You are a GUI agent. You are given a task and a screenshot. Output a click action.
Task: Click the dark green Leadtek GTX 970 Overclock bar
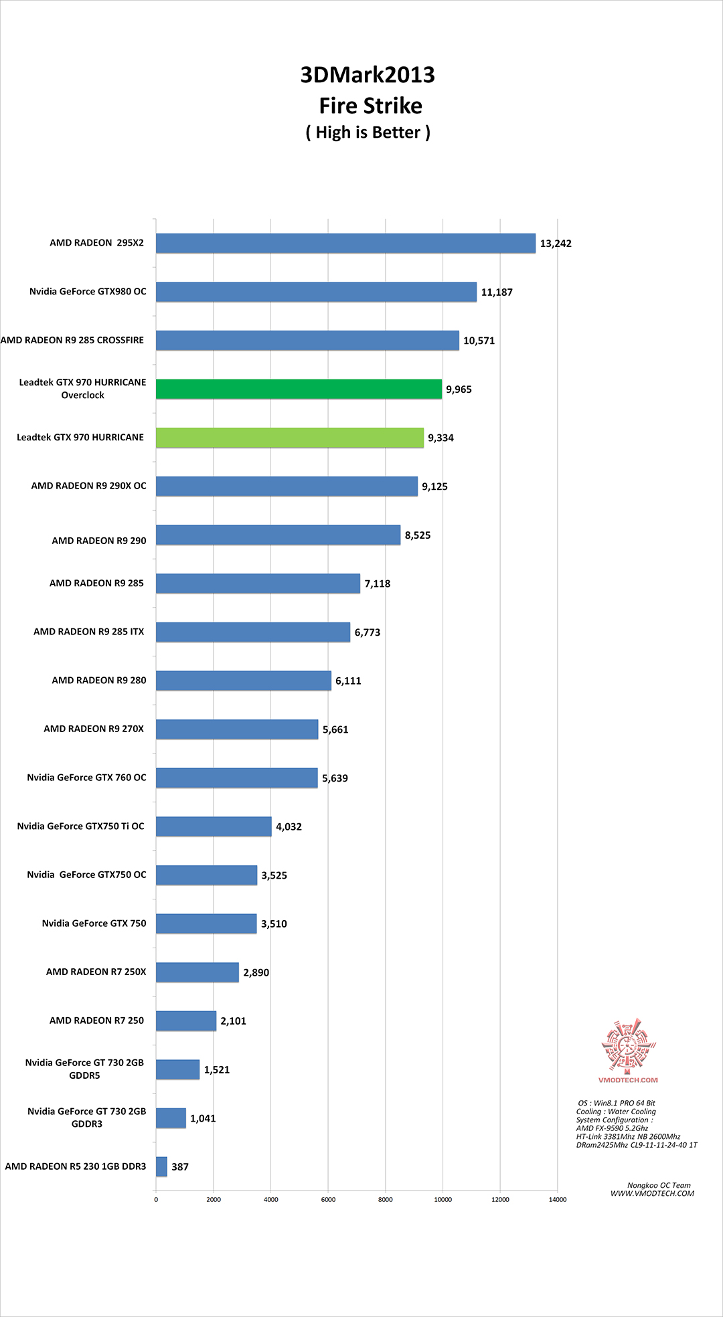point(299,389)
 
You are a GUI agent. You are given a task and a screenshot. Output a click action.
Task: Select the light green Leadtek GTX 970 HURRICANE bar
point(290,438)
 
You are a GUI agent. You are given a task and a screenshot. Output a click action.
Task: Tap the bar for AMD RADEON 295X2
point(345,243)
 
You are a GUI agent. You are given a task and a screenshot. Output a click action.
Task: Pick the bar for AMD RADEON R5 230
point(161,1166)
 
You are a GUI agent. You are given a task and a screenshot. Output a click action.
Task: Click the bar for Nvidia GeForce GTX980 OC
point(316,292)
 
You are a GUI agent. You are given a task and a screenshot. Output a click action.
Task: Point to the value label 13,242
point(556,244)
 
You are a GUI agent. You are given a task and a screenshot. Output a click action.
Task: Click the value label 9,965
point(459,389)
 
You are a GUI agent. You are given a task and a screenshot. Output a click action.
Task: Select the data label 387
point(180,1167)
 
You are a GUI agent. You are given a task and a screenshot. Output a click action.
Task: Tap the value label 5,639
point(335,778)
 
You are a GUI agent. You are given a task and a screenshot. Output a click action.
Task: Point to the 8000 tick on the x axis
point(386,1199)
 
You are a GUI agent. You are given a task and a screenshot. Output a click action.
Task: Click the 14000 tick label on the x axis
point(558,1199)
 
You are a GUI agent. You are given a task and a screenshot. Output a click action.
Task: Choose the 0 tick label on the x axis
point(156,1199)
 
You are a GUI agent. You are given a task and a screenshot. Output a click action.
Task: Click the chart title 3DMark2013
point(368,75)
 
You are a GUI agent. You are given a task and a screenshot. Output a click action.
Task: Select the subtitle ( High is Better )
point(368,133)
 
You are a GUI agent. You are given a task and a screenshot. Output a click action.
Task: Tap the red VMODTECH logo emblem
point(628,1045)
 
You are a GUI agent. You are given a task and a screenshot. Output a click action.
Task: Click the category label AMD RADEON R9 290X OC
point(88,486)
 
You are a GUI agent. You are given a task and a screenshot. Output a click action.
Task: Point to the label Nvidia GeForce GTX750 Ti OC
point(80,826)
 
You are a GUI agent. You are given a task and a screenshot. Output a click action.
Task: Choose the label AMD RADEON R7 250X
point(96,972)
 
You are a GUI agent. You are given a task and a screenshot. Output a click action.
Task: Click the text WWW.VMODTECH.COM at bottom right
point(652,1193)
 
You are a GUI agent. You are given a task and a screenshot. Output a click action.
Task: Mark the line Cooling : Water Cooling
point(616,1112)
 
